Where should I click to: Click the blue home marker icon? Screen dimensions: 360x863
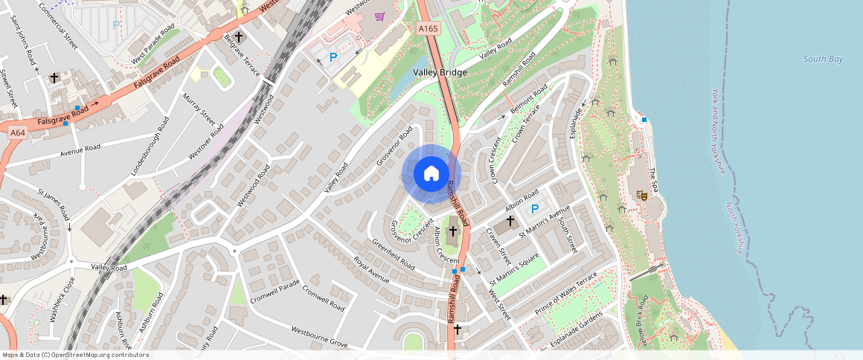pos(431,174)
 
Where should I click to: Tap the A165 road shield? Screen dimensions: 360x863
pos(427,28)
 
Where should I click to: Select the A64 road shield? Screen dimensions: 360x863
pos(18,132)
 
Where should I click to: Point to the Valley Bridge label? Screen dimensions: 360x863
pos(440,72)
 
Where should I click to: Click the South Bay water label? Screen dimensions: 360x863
pos(823,59)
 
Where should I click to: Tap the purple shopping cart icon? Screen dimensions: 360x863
pos(379,16)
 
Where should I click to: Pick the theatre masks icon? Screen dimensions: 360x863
pos(641,195)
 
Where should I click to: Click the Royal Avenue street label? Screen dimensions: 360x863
pos(371,271)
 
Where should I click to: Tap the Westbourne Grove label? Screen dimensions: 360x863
pos(319,337)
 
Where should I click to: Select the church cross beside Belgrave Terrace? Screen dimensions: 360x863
pos(239,36)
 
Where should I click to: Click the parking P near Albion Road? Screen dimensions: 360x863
pos(534,210)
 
